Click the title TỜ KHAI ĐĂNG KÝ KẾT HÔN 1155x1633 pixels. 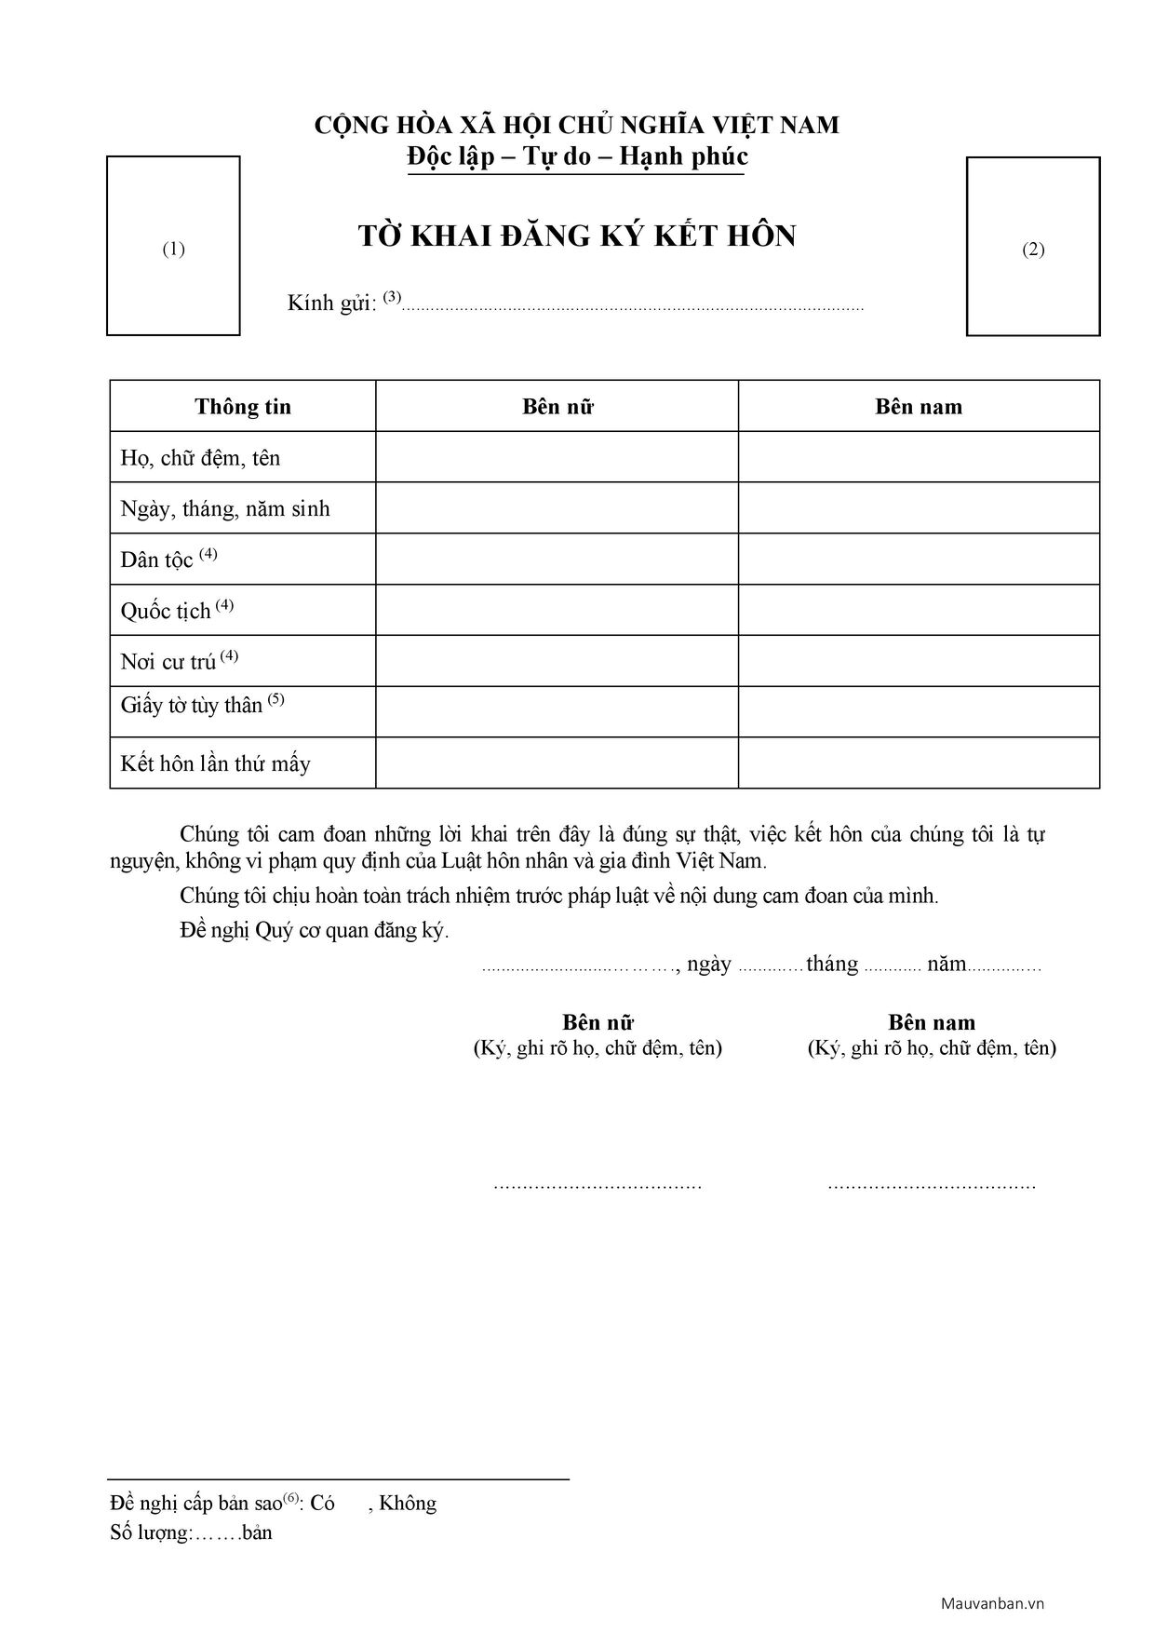tap(577, 236)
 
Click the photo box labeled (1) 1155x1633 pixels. tap(173, 246)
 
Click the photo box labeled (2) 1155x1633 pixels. tap(1033, 247)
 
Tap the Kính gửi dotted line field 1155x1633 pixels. tap(633, 306)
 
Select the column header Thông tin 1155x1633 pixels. tap(243, 407)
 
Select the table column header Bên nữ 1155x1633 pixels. tap(557, 407)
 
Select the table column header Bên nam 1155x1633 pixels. tap(919, 407)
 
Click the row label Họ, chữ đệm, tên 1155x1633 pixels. tap(200, 458)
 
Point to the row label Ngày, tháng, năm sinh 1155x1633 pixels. tap(225, 509)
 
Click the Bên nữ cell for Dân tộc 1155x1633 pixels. tap(557, 559)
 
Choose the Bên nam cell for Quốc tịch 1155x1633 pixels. tap(919, 610)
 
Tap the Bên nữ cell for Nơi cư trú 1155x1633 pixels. tap(557, 661)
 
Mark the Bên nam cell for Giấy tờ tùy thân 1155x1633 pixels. tap(919, 712)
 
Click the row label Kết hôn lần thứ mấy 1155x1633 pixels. tap(215, 764)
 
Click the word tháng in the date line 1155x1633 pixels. tap(832, 964)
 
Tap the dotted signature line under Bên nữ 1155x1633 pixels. tap(598, 1185)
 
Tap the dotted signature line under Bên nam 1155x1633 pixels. tap(932, 1185)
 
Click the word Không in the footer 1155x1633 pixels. tap(408, 1504)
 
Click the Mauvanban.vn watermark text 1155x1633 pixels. tap(992, 1603)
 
